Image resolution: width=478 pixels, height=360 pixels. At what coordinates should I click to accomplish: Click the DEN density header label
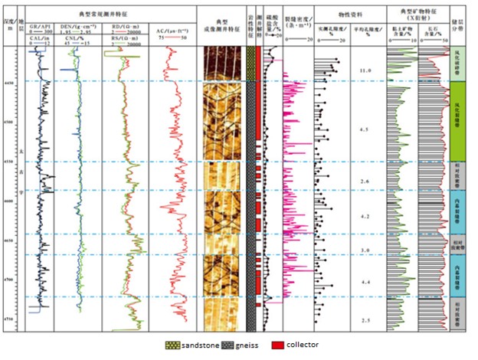(x=82, y=25)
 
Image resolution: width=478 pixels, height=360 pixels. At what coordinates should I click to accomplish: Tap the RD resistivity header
(x=121, y=25)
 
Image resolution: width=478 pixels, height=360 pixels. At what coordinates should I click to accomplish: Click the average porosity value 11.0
(x=365, y=70)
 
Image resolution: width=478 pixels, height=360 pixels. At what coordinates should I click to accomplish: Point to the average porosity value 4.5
(x=365, y=129)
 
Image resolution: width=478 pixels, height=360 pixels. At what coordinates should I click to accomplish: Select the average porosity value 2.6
(x=365, y=182)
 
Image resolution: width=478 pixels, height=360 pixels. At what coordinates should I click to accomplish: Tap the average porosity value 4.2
(x=365, y=217)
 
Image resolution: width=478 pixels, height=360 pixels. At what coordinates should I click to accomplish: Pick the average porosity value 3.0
(x=365, y=250)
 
